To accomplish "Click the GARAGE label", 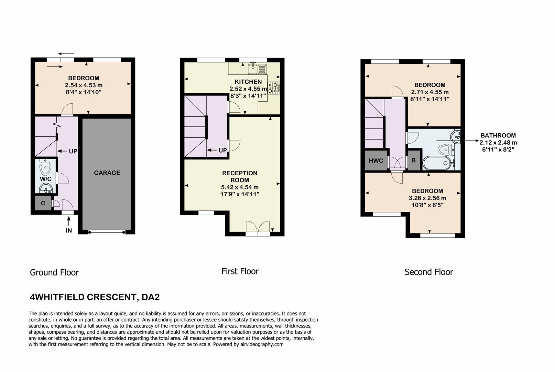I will coord(107,173).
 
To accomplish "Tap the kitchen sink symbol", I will coord(258,69).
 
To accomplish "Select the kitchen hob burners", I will coord(274,88).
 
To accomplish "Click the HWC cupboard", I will coord(376,161).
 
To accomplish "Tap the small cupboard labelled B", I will coord(414,161).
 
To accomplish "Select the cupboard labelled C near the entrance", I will coord(43,203).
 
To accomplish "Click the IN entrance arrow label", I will coord(69,230).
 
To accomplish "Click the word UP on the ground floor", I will coord(73,151).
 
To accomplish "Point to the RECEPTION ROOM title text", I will coord(240,176).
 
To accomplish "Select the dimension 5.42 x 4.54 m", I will coord(240,187).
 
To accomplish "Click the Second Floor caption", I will coord(428,272).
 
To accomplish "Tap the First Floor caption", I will coord(240,271).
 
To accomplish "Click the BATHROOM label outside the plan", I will coord(498,136).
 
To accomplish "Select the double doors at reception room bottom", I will coord(258,228).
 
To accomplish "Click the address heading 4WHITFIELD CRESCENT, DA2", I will coord(95,297).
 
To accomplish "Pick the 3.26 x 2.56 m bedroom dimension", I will coord(427,198).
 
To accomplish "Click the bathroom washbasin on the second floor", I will coord(456,136).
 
